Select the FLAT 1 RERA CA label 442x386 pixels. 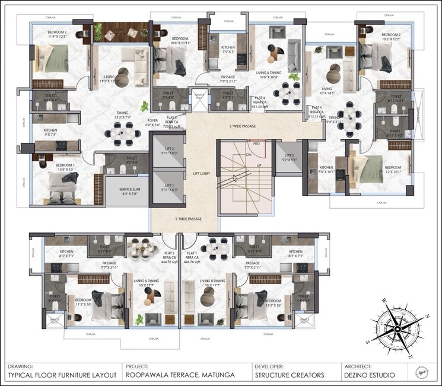pos(192,255)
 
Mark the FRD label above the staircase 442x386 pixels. pos(256,143)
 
